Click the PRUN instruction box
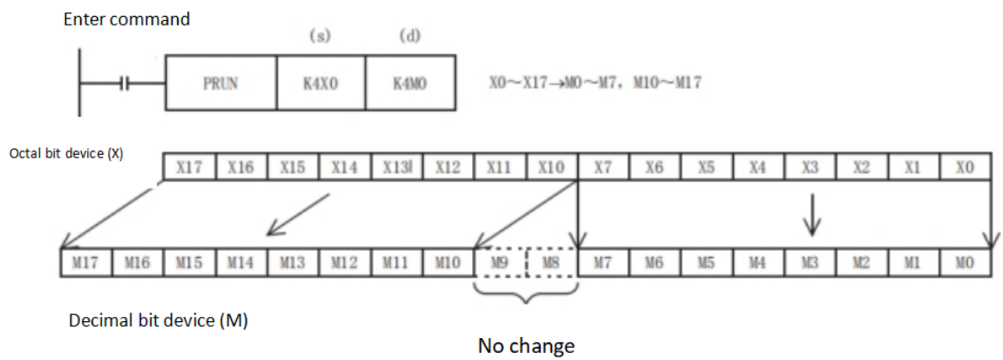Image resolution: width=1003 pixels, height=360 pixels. [220, 83]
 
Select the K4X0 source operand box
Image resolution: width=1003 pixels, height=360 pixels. [321, 83]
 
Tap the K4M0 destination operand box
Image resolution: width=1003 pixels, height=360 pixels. [410, 83]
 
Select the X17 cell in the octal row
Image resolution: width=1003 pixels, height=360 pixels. [189, 166]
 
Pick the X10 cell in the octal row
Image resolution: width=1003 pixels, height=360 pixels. [551, 166]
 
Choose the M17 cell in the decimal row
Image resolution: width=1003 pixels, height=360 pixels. [86, 263]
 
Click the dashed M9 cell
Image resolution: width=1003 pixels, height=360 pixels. [499, 263]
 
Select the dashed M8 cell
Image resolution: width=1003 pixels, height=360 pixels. [551, 263]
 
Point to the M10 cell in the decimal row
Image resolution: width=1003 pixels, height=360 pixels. [447, 263]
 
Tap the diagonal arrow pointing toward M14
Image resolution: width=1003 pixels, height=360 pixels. [299, 217]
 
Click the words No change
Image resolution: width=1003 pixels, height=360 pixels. [526, 345]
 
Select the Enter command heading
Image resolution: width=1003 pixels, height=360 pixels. [126, 18]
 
